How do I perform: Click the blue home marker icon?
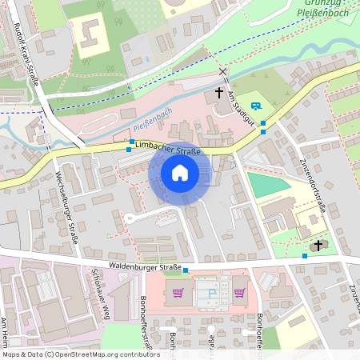[x=179, y=173]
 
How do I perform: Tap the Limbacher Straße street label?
[x=168, y=149]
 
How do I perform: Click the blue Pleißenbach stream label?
[x=152, y=122]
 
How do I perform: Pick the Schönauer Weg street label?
[x=101, y=292]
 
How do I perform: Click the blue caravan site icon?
[x=255, y=106]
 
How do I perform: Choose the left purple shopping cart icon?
[x=178, y=292]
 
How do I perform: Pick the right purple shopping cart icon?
[x=238, y=292]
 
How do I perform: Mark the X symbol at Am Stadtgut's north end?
[x=223, y=72]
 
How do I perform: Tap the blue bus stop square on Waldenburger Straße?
[x=186, y=270]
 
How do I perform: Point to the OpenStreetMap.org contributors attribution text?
[x=104, y=354]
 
